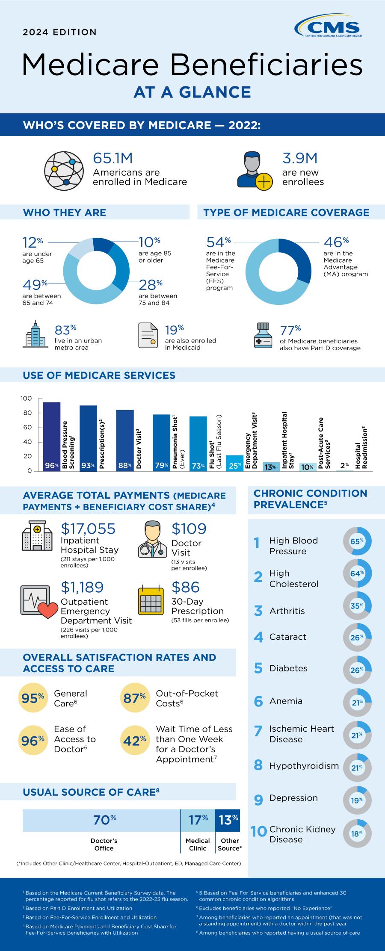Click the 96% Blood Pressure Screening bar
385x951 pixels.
[52, 436]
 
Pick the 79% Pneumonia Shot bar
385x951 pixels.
[161, 443]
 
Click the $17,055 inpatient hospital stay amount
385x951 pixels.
[88, 529]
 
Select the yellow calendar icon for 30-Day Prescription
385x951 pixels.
[151, 600]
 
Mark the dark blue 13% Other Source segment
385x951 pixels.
[228, 820]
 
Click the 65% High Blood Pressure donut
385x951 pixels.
[357, 542]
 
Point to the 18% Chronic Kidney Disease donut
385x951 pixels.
[357, 833]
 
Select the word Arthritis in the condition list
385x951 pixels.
[287, 611]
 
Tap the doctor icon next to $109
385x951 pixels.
[153, 541]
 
